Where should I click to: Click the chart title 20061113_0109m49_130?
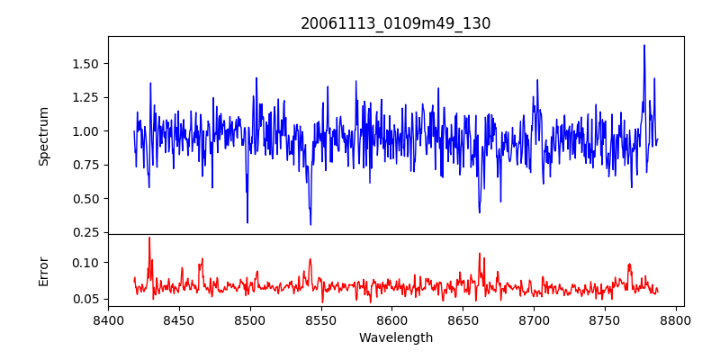[396, 24]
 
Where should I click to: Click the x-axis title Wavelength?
[396, 338]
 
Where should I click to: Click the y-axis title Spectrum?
[44, 136]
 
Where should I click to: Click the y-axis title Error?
[44, 271]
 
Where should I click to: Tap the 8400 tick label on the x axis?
[108, 319]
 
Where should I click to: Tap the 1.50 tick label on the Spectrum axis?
[86, 64]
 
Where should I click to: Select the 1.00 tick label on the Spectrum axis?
[86, 131]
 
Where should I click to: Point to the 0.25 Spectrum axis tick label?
[86, 232]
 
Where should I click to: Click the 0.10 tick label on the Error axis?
[86, 263]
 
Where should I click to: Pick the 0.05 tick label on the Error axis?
[86, 299]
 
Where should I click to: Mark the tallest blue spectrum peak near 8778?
[644, 45]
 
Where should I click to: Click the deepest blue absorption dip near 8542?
[310, 224]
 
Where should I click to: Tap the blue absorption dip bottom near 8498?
[247, 222]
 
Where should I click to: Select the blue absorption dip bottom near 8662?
[480, 212]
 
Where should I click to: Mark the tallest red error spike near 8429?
[149, 238]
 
